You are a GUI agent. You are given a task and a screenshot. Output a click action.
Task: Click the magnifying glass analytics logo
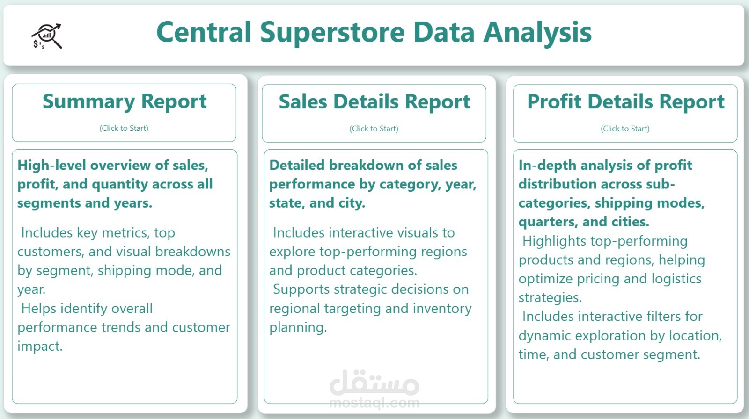click(47, 36)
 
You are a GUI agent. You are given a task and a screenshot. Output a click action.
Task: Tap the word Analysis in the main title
click(537, 33)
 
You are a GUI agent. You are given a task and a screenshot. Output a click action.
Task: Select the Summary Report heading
click(125, 101)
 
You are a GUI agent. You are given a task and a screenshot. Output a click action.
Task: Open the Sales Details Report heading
click(374, 101)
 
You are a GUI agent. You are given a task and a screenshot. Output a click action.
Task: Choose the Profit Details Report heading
click(625, 101)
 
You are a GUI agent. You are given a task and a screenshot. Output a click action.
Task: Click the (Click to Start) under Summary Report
click(124, 128)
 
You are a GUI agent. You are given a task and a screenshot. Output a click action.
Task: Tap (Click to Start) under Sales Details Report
click(374, 129)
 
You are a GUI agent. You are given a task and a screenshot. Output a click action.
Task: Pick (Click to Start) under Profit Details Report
click(625, 129)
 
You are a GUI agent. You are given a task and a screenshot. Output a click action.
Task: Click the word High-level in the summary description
click(52, 166)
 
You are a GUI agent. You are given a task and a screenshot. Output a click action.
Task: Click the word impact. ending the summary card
click(40, 347)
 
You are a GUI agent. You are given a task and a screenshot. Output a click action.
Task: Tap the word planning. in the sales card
click(298, 328)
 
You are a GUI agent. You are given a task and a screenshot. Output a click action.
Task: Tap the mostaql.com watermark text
click(374, 403)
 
